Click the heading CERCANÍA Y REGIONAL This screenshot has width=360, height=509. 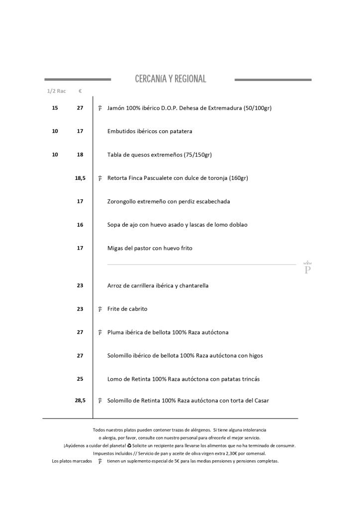tap(170, 79)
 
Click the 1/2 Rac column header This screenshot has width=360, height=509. tap(56, 91)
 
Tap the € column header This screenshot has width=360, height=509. tap(80, 91)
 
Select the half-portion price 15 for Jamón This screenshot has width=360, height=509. tap(55, 108)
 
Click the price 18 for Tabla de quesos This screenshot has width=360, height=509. tap(80, 155)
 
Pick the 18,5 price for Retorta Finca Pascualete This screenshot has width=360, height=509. tap(80, 178)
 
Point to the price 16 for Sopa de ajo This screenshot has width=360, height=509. tap(80, 225)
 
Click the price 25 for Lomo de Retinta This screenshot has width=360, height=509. tap(80, 379)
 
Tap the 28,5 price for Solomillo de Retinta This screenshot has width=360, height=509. tap(80, 400)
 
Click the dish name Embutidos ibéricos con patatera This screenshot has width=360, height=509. tap(150, 131)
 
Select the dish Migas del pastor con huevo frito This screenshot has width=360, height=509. tap(150, 248)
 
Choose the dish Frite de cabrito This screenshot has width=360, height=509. tap(127, 309)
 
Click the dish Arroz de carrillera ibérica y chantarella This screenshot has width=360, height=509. tap(158, 286)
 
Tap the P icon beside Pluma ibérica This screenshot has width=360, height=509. tap(100, 332)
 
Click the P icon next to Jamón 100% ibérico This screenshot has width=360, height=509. tap(100, 108)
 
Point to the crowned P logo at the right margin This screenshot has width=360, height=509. tap(307, 268)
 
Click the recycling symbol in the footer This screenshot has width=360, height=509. tap(129, 445)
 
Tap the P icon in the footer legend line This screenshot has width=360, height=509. tap(100, 461)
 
